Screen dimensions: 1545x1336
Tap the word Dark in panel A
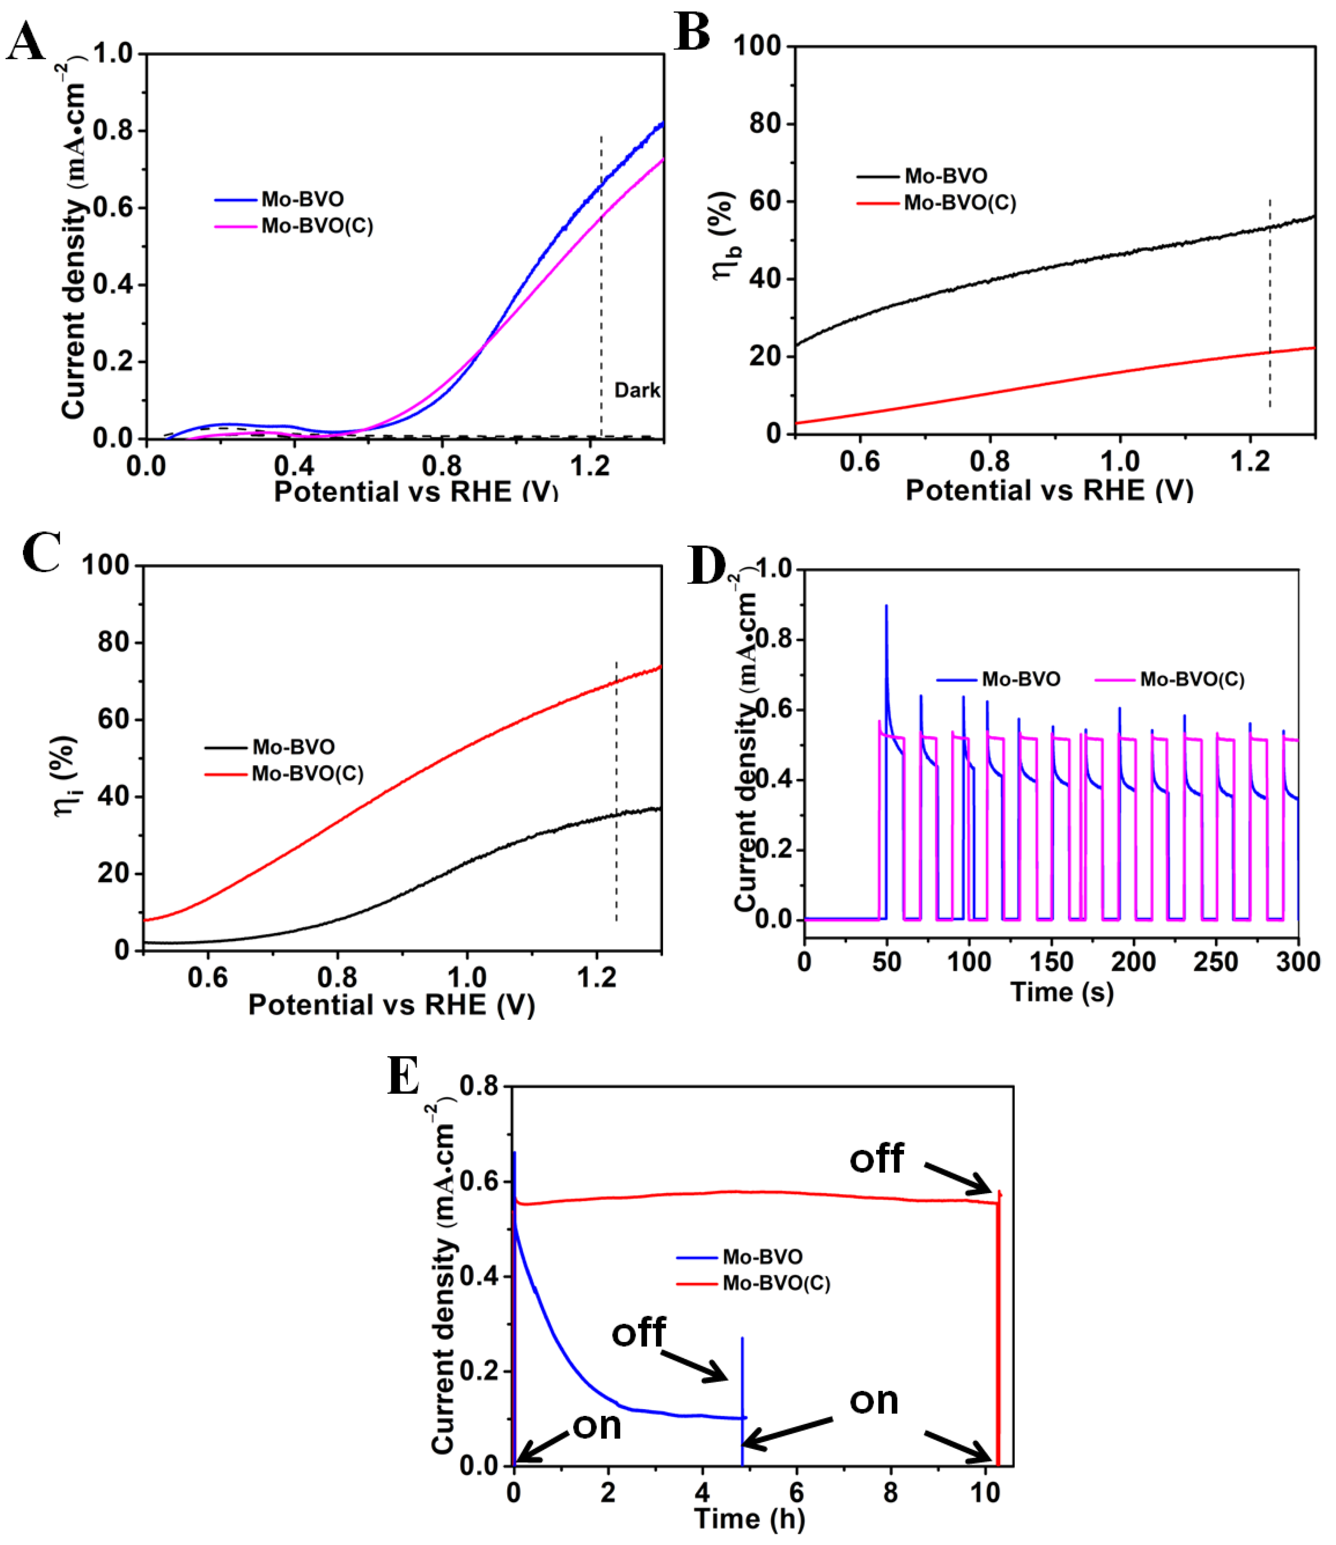(637, 390)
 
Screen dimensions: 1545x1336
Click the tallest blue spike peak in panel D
(886, 606)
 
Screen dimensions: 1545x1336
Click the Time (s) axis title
(1062, 992)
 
